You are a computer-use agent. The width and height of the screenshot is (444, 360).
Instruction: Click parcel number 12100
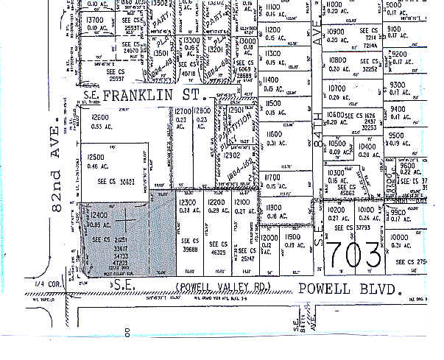click(x=242, y=202)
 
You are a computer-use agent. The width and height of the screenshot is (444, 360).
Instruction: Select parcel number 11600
click(x=274, y=135)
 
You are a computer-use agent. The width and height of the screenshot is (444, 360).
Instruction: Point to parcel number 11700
click(x=274, y=177)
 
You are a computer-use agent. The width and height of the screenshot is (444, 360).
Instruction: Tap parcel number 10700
click(x=336, y=88)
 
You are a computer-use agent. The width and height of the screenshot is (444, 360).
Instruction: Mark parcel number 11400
click(x=273, y=80)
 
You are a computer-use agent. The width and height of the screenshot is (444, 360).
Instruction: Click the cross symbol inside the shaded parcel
click(x=127, y=219)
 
